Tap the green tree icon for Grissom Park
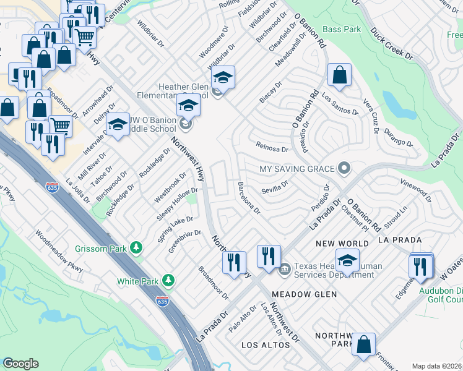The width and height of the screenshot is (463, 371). (136, 249)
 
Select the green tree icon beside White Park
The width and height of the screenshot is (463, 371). (168, 281)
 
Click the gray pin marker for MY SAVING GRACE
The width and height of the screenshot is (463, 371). (345, 169)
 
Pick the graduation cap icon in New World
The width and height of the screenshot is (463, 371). (347, 260)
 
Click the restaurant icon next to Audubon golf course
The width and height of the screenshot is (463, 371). (420, 266)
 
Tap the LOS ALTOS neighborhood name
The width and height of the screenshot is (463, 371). (266, 344)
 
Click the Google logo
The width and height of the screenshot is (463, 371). (20, 364)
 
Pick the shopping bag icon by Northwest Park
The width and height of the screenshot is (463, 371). (363, 344)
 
